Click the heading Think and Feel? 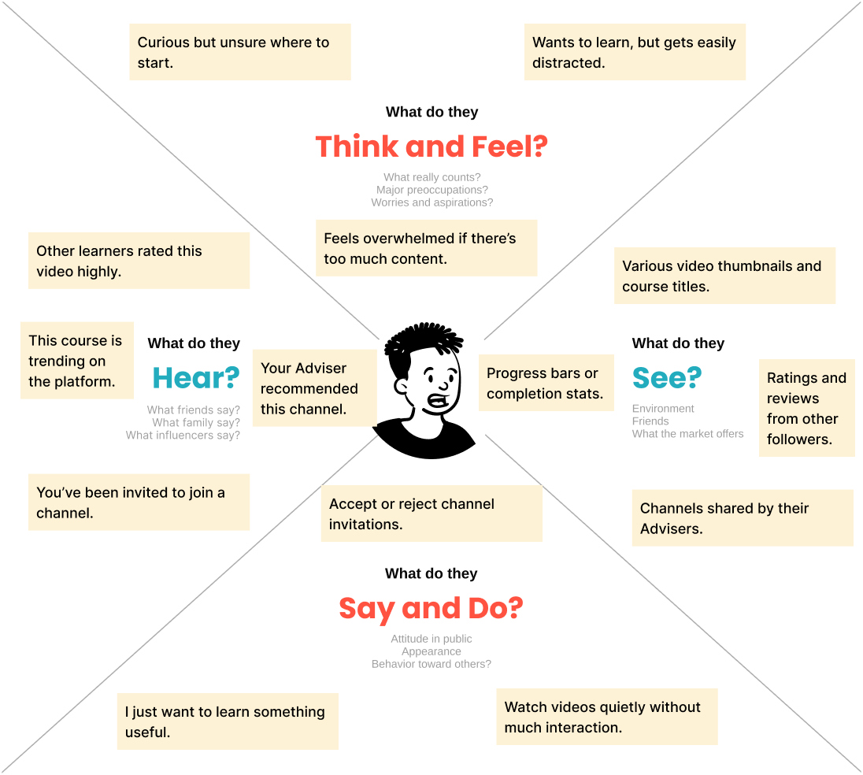pyautogui.click(x=431, y=147)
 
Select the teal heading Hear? pyautogui.click(x=195, y=378)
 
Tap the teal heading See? pyautogui.click(x=666, y=378)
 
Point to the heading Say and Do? pyautogui.click(x=431, y=608)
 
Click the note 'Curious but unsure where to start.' pyautogui.click(x=239, y=52)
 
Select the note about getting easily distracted pyautogui.click(x=635, y=52)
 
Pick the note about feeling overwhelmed pyautogui.click(x=426, y=248)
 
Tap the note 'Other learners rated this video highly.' pyautogui.click(x=139, y=261)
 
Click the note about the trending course pyautogui.click(x=77, y=361)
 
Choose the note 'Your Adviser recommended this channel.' pyautogui.click(x=314, y=388)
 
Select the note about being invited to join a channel pyautogui.click(x=139, y=502)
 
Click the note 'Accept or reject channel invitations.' pyautogui.click(x=431, y=514)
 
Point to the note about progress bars pyautogui.click(x=546, y=383)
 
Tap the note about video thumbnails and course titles pyautogui.click(x=724, y=276)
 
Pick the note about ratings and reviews pyautogui.click(x=806, y=408)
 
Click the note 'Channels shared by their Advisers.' pyautogui.click(x=743, y=518)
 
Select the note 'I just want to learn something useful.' pyautogui.click(x=228, y=721)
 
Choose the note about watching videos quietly pyautogui.click(x=606, y=717)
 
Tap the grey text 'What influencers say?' pyautogui.click(x=183, y=435)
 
